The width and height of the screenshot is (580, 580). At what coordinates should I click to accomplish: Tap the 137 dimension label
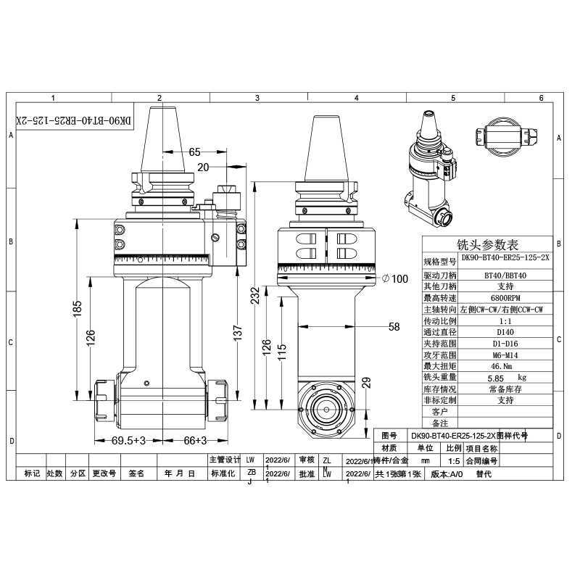[238, 332]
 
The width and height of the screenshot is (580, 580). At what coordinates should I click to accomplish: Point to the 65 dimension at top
[194, 152]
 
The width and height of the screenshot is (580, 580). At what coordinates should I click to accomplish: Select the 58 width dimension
[394, 327]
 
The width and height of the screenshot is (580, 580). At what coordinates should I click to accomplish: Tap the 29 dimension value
[365, 382]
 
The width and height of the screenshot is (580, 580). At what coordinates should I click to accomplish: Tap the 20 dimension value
[204, 167]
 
